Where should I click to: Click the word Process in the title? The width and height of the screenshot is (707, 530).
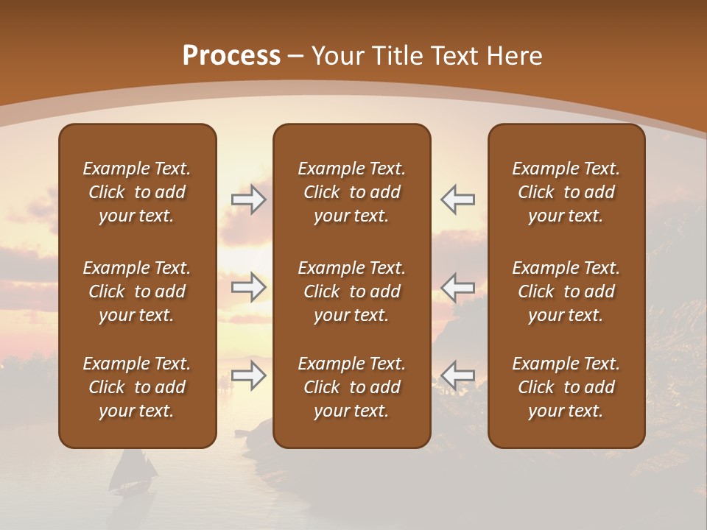[231, 56]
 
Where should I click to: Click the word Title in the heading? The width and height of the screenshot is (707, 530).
[396, 56]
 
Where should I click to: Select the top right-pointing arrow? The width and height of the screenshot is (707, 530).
[248, 199]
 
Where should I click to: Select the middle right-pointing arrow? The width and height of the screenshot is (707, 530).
[248, 287]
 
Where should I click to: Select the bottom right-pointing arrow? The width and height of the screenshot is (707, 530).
[248, 375]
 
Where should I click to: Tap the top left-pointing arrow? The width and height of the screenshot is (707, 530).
[457, 199]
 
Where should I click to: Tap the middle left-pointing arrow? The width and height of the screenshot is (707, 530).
[457, 287]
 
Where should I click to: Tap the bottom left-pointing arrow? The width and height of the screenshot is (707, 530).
[457, 375]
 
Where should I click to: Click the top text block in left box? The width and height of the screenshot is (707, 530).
[137, 192]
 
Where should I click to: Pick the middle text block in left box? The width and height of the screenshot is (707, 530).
[137, 291]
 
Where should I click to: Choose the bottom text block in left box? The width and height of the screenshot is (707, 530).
[137, 387]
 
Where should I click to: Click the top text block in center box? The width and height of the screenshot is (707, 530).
[351, 192]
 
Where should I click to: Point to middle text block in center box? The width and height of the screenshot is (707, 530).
[351, 291]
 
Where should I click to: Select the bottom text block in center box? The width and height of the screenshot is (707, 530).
[351, 387]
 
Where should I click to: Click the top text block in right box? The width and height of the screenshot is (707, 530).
[566, 192]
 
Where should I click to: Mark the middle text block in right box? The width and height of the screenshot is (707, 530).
[566, 291]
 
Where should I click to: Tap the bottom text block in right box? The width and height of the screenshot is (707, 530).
[566, 387]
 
